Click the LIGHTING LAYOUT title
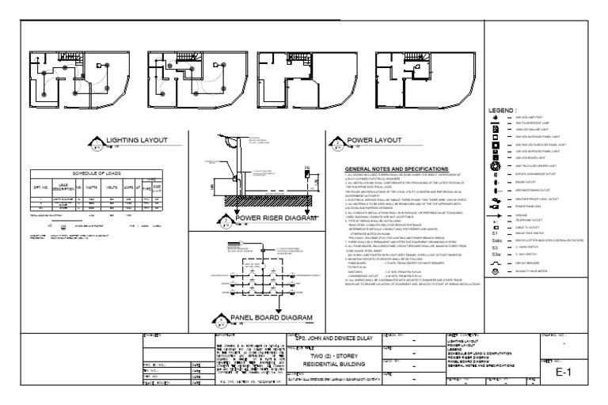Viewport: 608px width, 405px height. [x=138, y=142]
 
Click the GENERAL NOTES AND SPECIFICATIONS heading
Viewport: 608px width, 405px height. [x=397, y=169]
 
